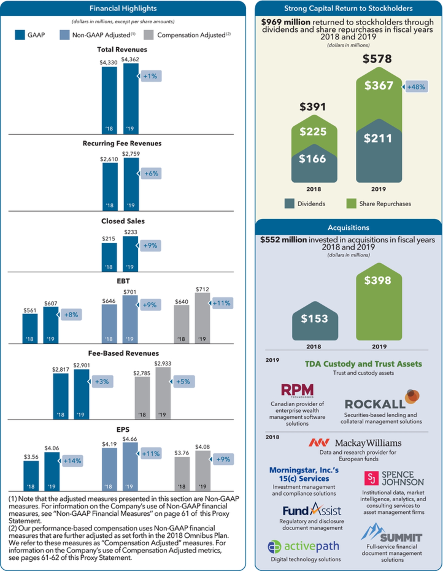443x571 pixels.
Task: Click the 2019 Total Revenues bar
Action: click(131, 98)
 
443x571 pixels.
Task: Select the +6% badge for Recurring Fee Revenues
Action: click(151, 174)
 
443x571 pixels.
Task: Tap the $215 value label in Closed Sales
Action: click(109, 239)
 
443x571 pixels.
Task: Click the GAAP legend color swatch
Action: click(20, 35)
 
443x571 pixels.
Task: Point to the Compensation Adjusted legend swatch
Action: click(148, 35)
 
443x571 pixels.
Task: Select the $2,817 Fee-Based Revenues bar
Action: click(61, 396)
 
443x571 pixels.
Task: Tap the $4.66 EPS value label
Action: click(130, 439)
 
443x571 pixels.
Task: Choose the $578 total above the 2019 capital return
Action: click(377, 59)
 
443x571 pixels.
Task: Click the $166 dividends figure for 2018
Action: click(312, 159)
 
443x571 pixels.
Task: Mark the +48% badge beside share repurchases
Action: click(416, 87)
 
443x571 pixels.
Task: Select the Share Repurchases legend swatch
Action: click(351, 204)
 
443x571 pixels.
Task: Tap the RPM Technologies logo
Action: click(297, 390)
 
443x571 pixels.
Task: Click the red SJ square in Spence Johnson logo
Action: click(371, 478)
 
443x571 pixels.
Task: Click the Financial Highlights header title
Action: click(123, 8)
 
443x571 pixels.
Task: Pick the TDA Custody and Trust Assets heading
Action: click(363, 364)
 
